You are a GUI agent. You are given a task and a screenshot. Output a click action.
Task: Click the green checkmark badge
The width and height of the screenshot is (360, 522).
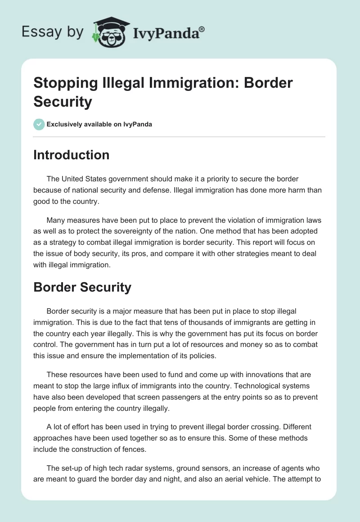(x=39, y=124)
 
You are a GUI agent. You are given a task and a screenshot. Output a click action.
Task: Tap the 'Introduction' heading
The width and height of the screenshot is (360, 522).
(x=71, y=155)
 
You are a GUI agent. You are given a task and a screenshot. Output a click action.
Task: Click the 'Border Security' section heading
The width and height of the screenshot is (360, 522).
(x=82, y=287)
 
